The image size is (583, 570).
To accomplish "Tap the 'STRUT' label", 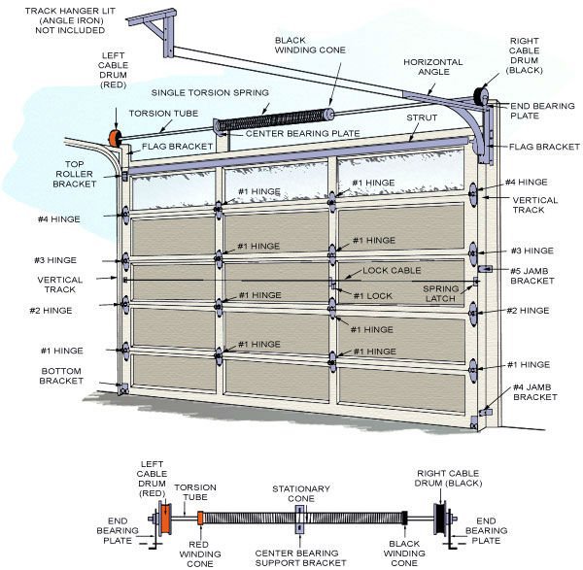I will (x=424, y=117).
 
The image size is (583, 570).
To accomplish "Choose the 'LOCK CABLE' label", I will (x=388, y=271).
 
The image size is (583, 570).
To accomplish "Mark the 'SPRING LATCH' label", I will (x=446, y=293).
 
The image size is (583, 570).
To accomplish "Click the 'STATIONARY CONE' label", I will (x=301, y=494).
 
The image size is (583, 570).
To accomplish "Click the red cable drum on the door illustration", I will (x=113, y=140).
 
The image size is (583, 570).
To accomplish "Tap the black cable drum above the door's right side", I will (x=479, y=96).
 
